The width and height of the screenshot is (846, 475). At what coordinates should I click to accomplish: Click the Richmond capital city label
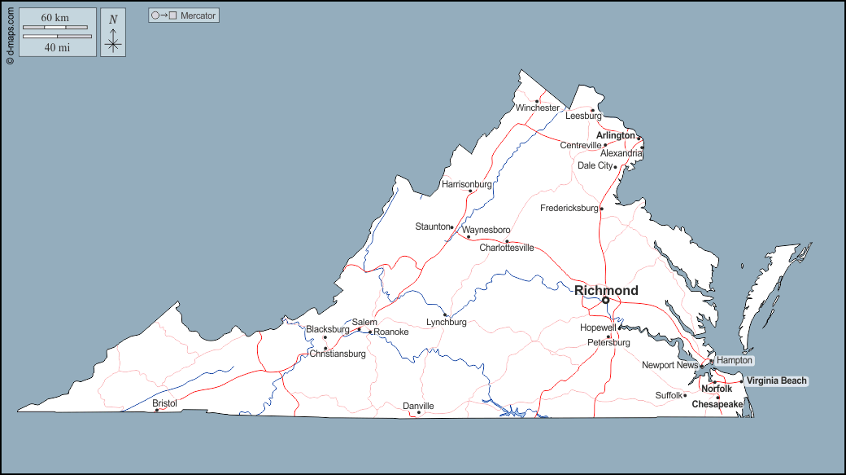(606, 290)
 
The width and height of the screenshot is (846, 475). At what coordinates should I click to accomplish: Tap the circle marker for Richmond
(605, 300)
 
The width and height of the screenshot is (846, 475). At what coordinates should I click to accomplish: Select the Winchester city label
(537, 108)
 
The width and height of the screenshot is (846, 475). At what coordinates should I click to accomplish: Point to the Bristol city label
(164, 403)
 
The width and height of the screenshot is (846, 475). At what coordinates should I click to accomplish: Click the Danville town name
(418, 406)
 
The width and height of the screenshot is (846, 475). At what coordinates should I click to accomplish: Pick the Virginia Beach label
(777, 380)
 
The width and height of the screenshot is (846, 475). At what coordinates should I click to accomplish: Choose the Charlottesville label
(506, 248)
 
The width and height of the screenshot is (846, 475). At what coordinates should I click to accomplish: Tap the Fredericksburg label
(569, 209)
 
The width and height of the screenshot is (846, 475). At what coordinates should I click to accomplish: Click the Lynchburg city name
(447, 322)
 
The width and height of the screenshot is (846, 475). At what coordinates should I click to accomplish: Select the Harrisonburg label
(466, 184)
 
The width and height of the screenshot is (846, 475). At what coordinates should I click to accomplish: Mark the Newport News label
(669, 365)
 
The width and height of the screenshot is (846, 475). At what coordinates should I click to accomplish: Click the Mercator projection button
(184, 15)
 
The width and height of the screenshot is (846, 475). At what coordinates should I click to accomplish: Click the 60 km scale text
(55, 17)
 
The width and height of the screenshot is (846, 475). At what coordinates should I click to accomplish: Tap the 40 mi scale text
(55, 47)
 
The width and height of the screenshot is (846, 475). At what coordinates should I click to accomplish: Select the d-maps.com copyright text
(9, 33)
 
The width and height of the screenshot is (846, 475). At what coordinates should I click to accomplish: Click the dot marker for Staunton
(451, 227)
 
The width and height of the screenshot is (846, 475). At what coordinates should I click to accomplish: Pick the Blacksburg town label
(327, 329)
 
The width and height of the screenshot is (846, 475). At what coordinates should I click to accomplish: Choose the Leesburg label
(583, 116)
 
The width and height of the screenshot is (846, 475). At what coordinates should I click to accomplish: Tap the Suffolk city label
(669, 395)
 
